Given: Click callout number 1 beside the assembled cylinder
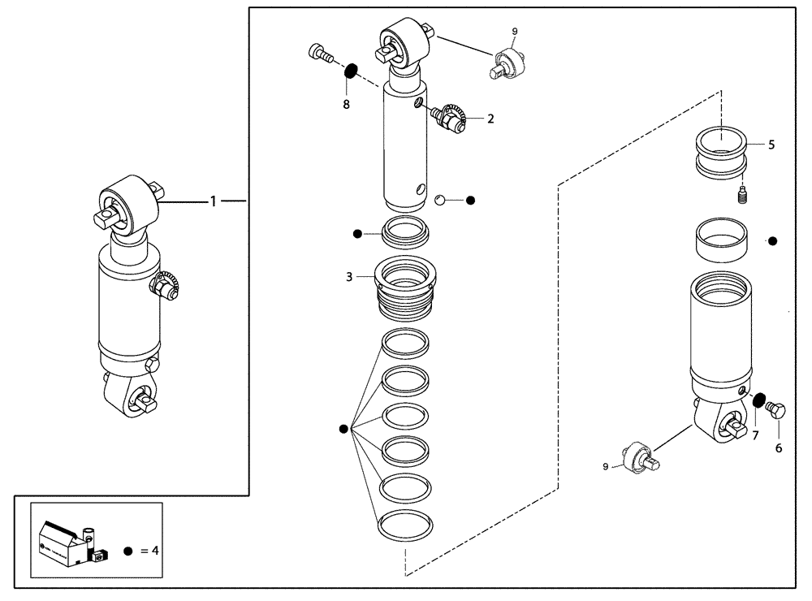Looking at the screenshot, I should [214, 201].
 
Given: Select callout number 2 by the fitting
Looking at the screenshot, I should [490, 119].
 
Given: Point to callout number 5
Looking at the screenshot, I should [771, 145].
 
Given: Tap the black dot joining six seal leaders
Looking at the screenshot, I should [343, 429].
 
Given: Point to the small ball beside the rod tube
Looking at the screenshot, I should [441, 199].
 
